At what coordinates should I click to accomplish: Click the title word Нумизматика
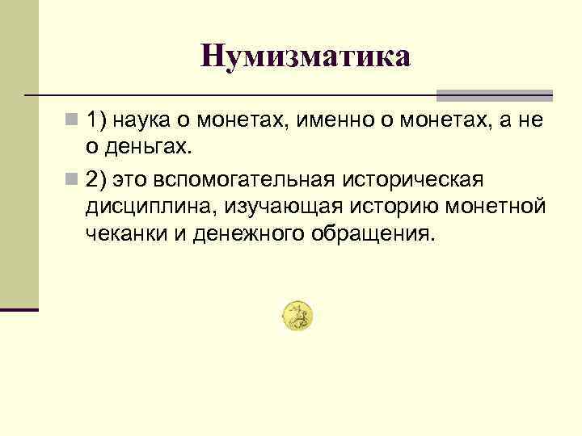click(x=306, y=56)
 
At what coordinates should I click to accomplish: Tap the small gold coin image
click(x=298, y=316)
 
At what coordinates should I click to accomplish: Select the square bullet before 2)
click(x=73, y=178)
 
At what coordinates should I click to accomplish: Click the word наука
click(x=141, y=121)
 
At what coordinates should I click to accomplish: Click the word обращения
click(x=374, y=233)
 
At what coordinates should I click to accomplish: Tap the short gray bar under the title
click(x=505, y=94)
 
